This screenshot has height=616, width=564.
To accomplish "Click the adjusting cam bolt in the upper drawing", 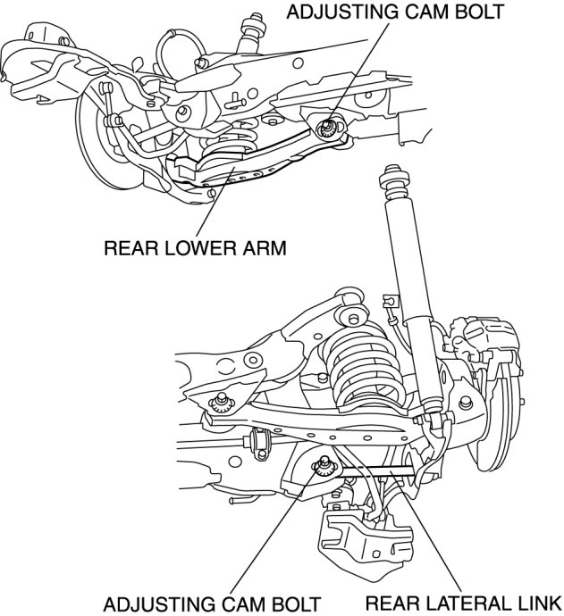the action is point(326,128).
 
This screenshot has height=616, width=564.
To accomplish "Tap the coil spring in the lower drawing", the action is point(364,365).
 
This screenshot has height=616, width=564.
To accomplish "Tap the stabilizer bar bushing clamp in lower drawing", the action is point(260,443).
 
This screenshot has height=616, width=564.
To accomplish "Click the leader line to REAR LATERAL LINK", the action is point(425,532).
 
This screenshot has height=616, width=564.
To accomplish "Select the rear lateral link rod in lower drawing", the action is point(377,471).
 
